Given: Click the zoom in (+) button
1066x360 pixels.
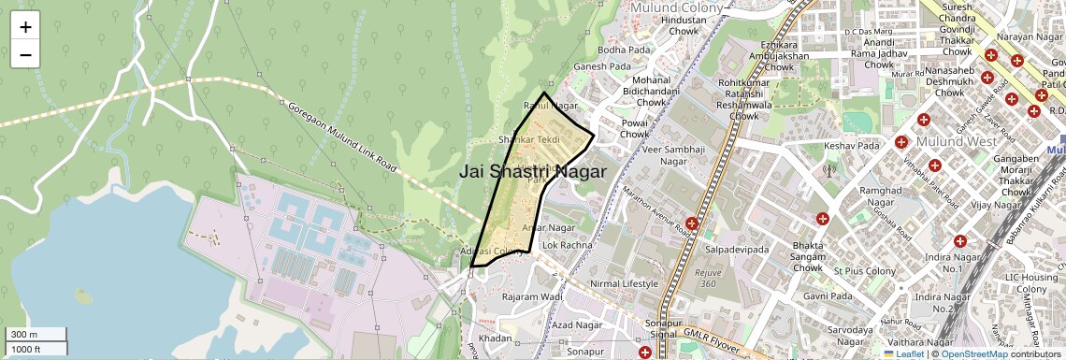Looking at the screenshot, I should [25, 26].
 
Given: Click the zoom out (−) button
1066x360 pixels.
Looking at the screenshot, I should [25, 54].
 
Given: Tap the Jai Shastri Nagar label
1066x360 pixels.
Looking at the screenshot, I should [532, 172].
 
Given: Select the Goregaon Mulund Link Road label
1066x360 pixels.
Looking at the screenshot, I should [341, 141].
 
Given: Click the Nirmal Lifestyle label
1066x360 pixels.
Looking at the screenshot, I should [624, 283].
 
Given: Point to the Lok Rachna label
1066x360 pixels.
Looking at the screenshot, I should [568, 245].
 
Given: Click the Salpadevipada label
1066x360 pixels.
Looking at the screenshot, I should [737, 251].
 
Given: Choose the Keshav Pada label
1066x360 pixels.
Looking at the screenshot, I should [853, 147].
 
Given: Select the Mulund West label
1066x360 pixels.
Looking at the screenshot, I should [954, 142].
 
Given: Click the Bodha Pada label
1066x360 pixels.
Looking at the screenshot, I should [624, 50].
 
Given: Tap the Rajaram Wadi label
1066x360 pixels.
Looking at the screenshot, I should [531, 296].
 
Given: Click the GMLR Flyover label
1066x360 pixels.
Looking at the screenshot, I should [715, 339].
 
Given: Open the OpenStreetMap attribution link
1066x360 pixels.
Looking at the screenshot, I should [973, 353].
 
